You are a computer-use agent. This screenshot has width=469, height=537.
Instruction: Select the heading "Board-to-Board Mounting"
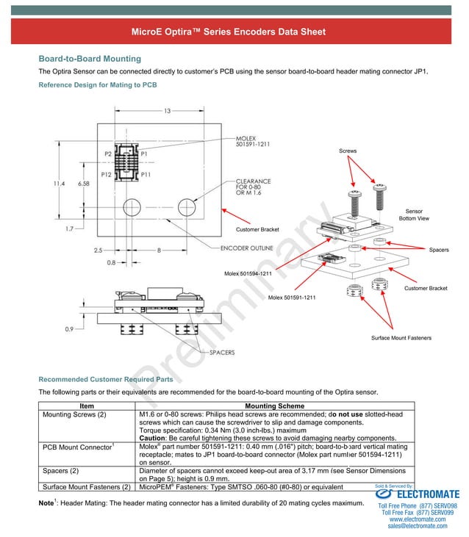(x=89, y=59)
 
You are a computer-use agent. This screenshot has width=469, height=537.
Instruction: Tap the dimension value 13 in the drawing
(x=168, y=111)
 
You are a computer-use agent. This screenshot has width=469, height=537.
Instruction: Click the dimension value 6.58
(x=83, y=183)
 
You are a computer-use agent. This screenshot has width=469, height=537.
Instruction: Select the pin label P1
(x=145, y=154)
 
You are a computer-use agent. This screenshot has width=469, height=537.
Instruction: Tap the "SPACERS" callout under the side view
(x=222, y=353)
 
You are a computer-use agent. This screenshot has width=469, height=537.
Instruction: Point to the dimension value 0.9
(x=68, y=329)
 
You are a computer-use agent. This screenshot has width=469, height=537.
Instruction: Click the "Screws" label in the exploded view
(x=348, y=151)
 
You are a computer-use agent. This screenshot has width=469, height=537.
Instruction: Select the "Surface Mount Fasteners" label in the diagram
(x=401, y=338)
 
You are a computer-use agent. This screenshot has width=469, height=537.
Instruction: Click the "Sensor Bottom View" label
(x=414, y=215)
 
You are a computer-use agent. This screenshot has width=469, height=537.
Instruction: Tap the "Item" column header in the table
(x=87, y=406)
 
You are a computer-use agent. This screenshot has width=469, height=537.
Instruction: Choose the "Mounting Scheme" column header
(x=275, y=406)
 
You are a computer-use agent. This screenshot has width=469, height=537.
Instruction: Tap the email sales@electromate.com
(x=417, y=526)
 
